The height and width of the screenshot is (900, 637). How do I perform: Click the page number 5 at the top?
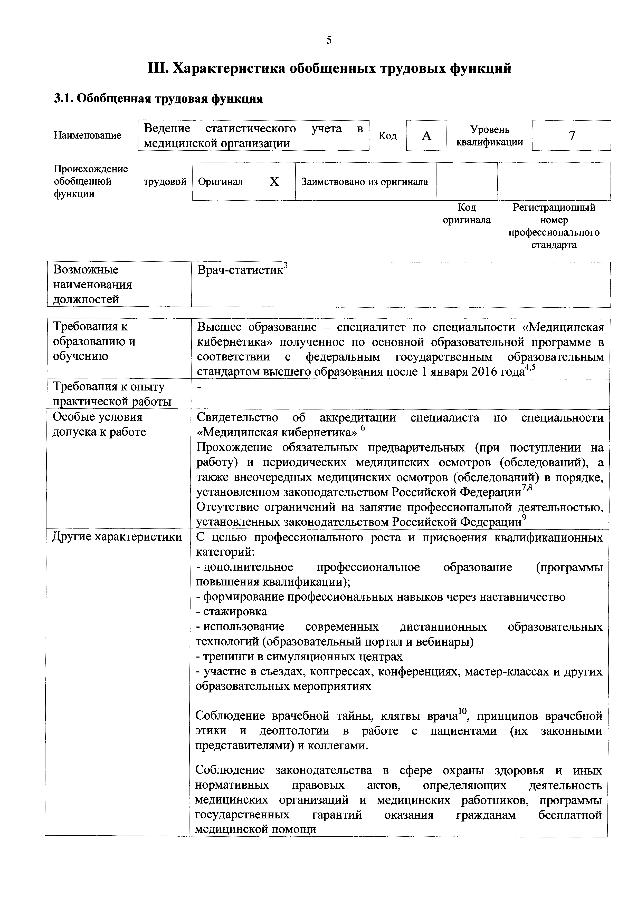pyautogui.click(x=329, y=40)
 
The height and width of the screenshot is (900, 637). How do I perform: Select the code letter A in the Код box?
pyautogui.click(x=426, y=136)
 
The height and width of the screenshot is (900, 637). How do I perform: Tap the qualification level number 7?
pyautogui.click(x=572, y=136)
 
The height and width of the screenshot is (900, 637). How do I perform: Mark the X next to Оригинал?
pyautogui.click(x=274, y=181)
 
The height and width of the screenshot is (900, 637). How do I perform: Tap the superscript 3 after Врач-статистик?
pyautogui.click(x=286, y=266)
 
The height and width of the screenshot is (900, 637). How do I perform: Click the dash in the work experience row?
pyautogui.click(x=199, y=387)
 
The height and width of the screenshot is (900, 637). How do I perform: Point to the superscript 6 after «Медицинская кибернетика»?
pyautogui.click(x=363, y=428)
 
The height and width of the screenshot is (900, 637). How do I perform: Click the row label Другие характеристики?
pyautogui.click(x=117, y=537)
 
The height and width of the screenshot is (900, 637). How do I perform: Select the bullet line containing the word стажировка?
pyautogui.click(x=231, y=611)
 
